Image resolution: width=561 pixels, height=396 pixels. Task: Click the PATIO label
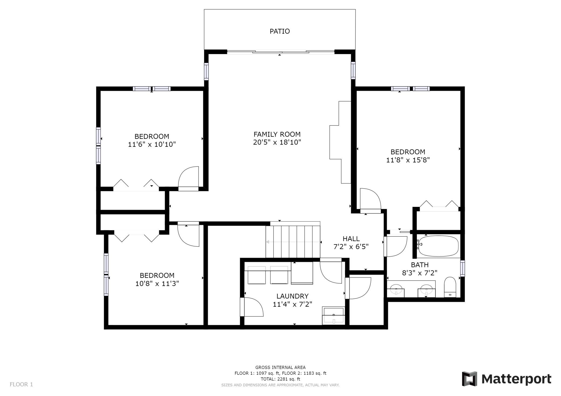point(280,31)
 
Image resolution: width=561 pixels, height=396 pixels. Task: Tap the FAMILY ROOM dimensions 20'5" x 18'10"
point(277,142)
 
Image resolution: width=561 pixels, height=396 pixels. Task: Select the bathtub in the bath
point(438,246)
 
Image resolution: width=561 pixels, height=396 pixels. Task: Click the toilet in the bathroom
point(450,288)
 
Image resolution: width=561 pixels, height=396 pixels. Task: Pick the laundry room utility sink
point(334,316)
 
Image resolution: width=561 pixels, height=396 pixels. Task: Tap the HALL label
point(351,239)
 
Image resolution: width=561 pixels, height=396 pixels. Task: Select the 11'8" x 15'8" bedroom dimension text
point(408,160)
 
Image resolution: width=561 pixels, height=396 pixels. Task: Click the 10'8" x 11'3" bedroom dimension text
point(157,283)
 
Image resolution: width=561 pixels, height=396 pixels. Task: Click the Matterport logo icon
point(470,378)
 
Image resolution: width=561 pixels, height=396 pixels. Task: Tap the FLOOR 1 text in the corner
point(21,384)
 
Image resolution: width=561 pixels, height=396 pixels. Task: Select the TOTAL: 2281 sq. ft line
point(280,379)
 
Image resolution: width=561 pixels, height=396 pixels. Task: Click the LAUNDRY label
point(292,296)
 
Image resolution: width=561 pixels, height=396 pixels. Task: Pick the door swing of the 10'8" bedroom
point(188,236)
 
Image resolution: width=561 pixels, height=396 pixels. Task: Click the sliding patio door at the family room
point(280,52)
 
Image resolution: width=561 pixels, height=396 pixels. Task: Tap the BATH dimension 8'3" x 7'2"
point(420,273)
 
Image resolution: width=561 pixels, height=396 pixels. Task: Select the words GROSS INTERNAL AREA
point(280,367)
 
